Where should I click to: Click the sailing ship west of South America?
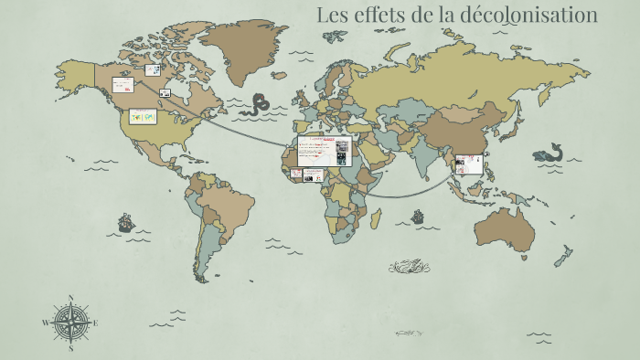[125, 222]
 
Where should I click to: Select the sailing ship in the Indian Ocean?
[418, 217]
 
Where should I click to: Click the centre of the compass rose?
[70, 322]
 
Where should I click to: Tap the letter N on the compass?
[70, 297]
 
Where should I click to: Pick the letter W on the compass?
[45, 323]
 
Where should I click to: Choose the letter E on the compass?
[95, 323]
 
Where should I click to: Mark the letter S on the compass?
[70, 348]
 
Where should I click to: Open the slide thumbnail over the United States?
[142, 117]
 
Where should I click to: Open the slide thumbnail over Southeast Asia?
[468, 164]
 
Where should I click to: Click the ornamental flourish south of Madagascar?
[408, 267]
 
